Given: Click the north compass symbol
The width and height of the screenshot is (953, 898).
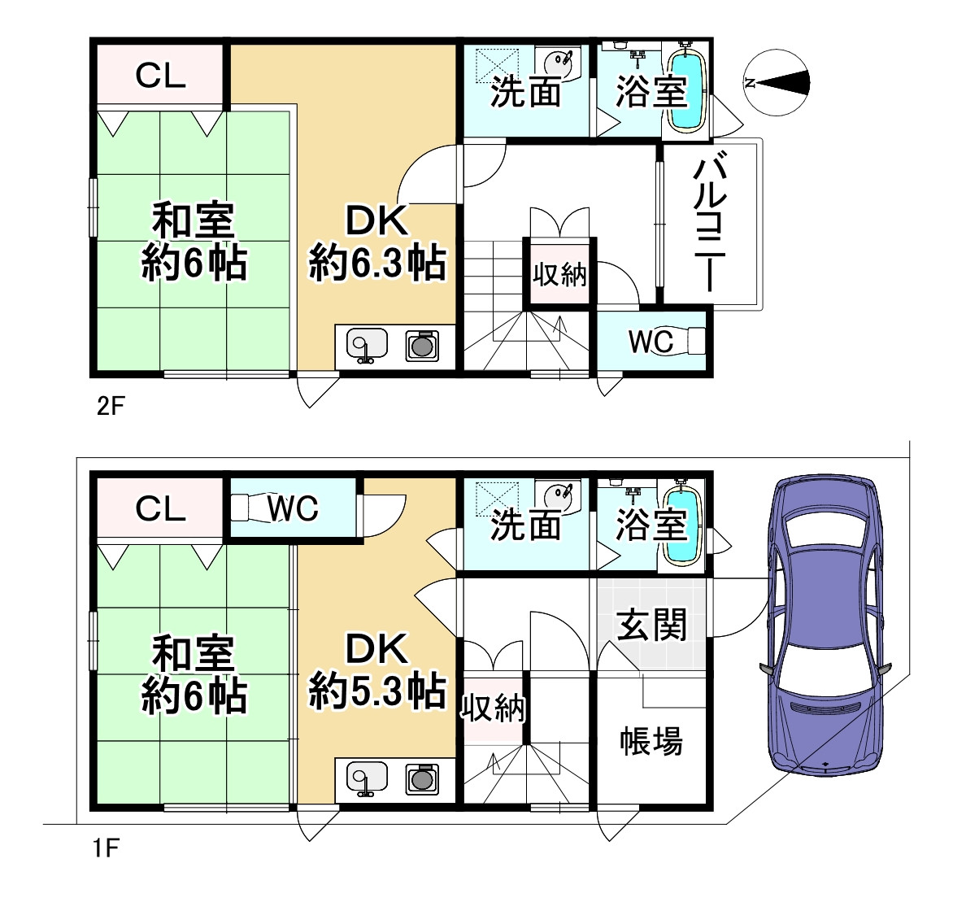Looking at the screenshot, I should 777,82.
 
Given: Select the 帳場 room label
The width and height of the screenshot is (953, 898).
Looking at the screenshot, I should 651,741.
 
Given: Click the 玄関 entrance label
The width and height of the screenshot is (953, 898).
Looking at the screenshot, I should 651,625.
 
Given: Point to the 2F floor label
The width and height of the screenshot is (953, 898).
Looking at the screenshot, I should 109,405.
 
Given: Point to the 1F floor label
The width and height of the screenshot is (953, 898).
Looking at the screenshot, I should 106,850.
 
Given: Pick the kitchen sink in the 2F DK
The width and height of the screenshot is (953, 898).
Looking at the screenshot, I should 363,345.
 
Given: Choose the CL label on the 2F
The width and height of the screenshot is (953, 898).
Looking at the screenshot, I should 160,76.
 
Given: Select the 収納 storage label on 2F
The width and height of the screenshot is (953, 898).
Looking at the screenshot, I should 559,274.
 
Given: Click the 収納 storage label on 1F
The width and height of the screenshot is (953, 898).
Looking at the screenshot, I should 493,709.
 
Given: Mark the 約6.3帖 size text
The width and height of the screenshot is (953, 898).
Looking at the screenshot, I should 378,264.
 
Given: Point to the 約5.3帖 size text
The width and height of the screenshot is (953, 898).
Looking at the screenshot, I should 378,692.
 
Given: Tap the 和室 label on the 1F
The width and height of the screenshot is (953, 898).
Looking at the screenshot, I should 194,653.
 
